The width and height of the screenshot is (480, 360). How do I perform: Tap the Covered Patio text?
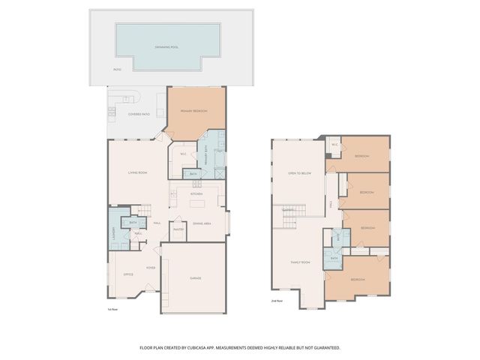pyautogui.click(x=138, y=114)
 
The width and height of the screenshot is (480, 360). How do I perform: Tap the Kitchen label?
pyautogui.click(x=196, y=193)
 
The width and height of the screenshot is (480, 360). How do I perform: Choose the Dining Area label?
pyautogui.click(x=202, y=223)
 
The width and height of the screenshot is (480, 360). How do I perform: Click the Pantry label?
pyautogui.click(x=178, y=229)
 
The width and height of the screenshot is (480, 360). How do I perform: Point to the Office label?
pyautogui.click(x=127, y=274)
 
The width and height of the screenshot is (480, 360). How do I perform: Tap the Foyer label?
pyautogui.click(x=151, y=266)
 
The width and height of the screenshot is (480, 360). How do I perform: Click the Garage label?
pyautogui.click(x=194, y=278)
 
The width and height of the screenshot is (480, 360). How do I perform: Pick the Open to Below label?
pyautogui.click(x=299, y=173)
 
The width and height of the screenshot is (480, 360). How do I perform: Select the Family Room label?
pyautogui.click(x=301, y=262)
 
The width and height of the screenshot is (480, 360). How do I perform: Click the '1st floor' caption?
pyautogui.click(x=112, y=308)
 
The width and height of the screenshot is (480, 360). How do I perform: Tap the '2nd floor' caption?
pyautogui.click(x=277, y=301)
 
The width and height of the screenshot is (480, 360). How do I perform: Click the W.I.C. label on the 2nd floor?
pyautogui.click(x=334, y=145)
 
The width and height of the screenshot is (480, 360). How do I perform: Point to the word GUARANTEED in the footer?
pyautogui.click(x=323, y=348)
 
